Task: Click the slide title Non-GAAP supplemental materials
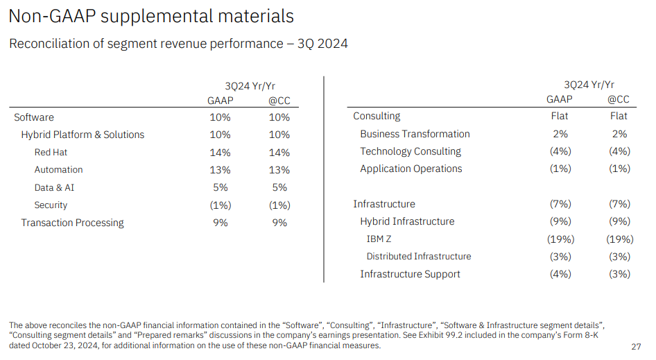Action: point(151,16)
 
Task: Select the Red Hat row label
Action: point(51,152)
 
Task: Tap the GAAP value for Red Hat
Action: point(220,152)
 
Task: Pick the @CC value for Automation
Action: point(279,170)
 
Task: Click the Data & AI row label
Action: point(54,187)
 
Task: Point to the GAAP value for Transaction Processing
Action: point(220,223)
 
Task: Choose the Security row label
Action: point(51,205)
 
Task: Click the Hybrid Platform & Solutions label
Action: point(83,135)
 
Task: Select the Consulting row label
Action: point(377,116)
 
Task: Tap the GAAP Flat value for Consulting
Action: point(560,116)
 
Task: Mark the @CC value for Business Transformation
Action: point(619,134)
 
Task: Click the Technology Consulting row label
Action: point(411,151)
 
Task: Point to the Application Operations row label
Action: point(411,169)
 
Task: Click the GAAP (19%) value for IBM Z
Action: point(560,239)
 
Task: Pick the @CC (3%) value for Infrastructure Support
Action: point(619,274)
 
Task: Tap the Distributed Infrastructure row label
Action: point(419,257)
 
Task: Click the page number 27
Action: point(636,346)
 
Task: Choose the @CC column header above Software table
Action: point(279,101)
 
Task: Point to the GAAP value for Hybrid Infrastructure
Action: point(560,221)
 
